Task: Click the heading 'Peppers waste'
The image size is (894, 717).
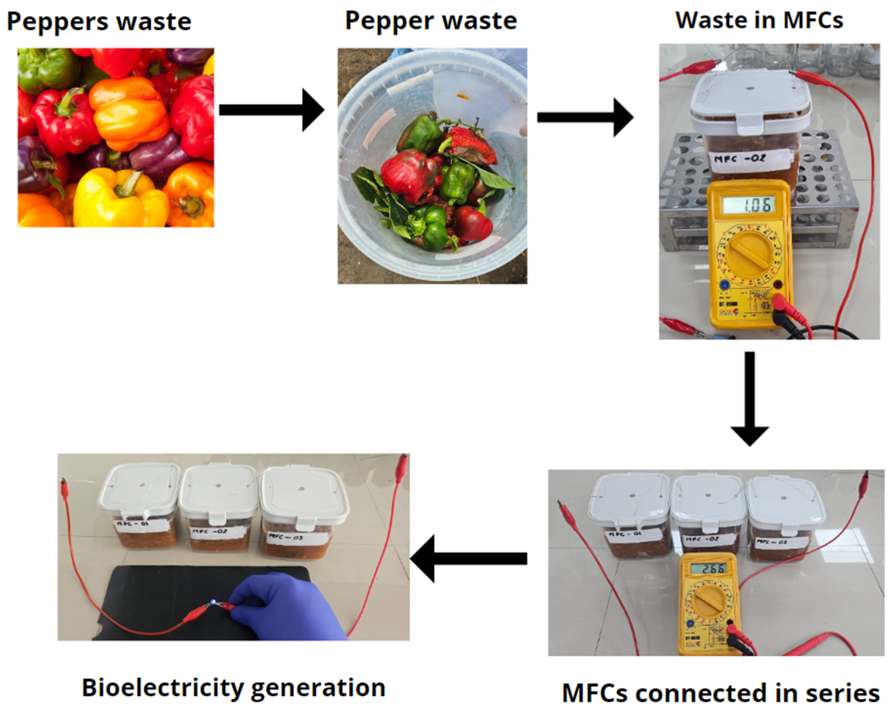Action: (99, 21)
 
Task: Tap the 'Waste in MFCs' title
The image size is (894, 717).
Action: (759, 20)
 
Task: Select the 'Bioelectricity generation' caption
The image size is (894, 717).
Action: (233, 688)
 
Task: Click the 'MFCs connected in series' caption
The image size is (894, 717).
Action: (721, 693)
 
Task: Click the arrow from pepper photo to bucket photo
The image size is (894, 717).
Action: (272, 110)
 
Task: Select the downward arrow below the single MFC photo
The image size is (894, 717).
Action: (749, 398)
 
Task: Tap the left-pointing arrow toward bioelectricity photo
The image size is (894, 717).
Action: (468, 558)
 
